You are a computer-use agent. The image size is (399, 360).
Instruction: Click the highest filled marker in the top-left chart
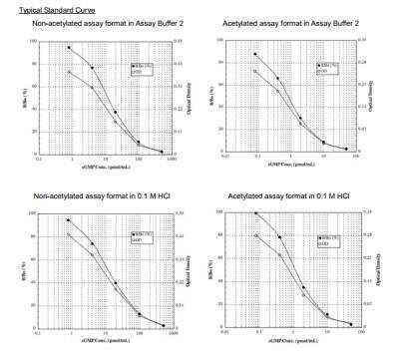pos(69,48)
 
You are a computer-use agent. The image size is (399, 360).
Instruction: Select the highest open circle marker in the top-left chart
pos(69,72)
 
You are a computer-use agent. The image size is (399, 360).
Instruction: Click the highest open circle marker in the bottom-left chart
pos(69,234)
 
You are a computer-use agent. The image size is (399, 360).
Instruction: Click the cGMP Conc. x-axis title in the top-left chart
pos(105,170)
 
